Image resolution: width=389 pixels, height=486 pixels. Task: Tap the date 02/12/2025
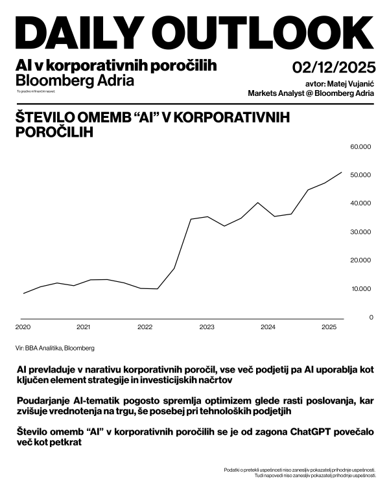[x=333, y=67]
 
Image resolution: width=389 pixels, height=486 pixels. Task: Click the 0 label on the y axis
[x=371, y=318]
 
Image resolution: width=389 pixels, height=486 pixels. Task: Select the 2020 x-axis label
[x=23, y=327]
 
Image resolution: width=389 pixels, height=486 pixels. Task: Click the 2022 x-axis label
[x=145, y=327]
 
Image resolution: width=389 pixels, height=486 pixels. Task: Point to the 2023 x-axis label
[x=206, y=327]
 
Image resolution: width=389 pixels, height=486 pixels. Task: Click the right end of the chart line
[x=342, y=172]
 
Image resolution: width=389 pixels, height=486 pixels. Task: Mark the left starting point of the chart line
[x=23, y=294]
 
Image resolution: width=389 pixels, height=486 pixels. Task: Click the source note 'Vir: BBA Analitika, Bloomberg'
[x=55, y=348]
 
